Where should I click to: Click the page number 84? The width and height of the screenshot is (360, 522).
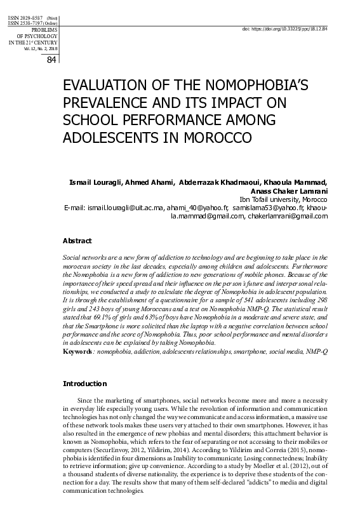click(52, 60)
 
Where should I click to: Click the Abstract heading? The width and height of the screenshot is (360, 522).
click(77, 241)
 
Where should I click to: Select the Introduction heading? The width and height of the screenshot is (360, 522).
click(84, 384)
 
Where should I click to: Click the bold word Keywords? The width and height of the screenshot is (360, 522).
click(79, 351)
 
